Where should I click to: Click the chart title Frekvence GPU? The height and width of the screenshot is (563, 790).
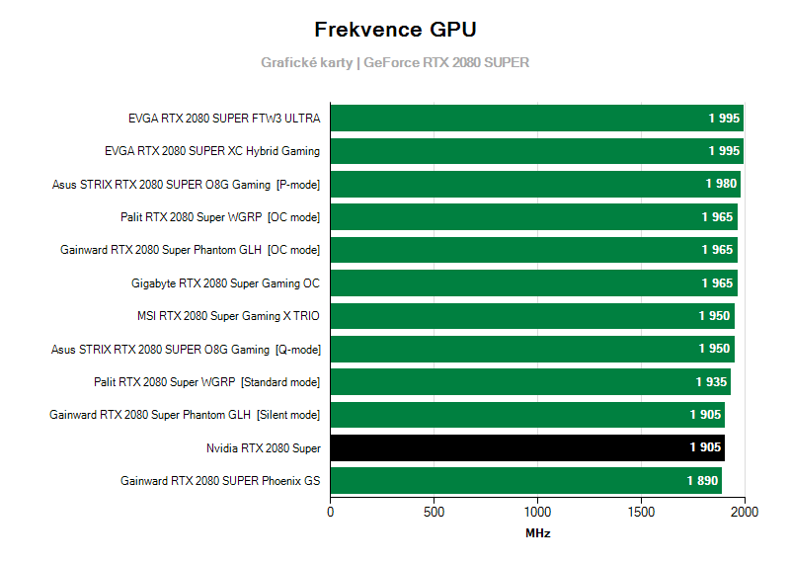[394, 29]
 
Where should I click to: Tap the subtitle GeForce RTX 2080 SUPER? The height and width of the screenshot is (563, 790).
[446, 62]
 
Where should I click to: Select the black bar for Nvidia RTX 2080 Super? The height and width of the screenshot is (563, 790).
[527, 447]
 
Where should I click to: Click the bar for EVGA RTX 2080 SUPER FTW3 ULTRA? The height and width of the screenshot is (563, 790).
[536, 119]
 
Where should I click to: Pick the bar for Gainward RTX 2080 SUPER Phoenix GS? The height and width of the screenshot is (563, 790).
[525, 481]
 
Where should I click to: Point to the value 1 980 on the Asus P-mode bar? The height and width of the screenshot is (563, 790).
[720, 184]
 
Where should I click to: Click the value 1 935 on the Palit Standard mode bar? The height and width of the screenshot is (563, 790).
[711, 381]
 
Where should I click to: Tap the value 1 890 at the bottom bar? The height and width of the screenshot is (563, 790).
[703, 481]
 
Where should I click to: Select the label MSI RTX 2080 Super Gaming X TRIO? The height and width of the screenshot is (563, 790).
[228, 316]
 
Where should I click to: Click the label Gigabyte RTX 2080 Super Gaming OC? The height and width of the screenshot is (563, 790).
[225, 283]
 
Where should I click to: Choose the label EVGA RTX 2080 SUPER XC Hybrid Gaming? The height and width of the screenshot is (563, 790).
[212, 151]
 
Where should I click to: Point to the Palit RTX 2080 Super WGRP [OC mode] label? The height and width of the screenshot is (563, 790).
[220, 217]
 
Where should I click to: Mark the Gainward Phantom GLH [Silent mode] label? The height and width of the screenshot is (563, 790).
[185, 415]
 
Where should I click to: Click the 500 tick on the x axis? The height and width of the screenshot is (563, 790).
[434, 512]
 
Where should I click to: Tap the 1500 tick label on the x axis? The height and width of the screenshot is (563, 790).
[641, 512]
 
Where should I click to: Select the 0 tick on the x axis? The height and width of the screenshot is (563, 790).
[331, 512]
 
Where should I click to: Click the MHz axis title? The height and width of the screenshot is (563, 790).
[537, 533]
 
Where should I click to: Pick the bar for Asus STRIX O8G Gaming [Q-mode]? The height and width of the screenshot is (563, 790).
[532, 349]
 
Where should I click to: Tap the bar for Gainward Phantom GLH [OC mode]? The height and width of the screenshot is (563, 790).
[533, 250]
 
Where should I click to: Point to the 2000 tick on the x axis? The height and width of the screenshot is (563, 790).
[745, 512]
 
